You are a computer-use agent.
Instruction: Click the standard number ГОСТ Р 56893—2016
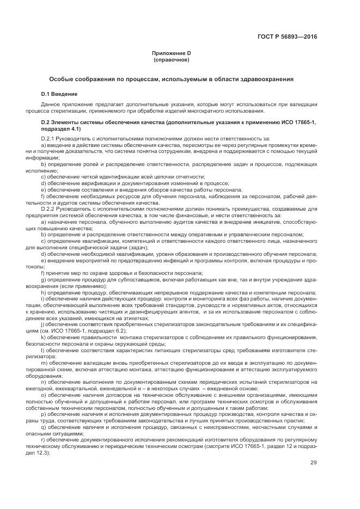[287, 36]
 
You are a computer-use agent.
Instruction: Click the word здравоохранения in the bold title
[268, 79]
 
